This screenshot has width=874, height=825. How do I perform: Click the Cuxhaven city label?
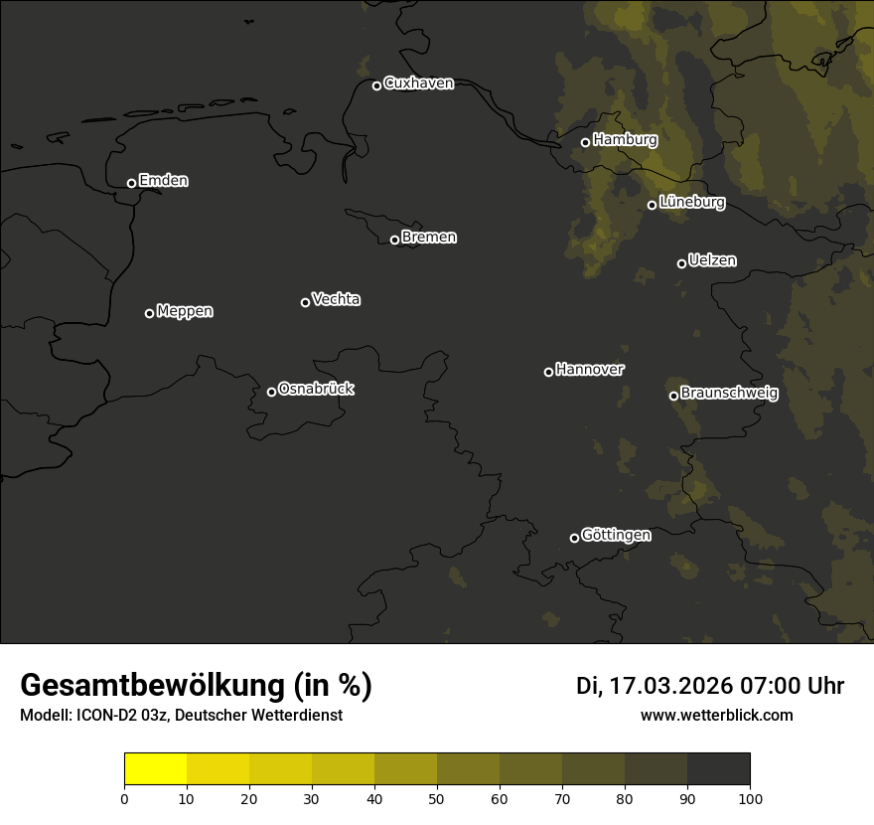tap(418, 83)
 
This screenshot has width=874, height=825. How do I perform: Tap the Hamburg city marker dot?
tap(585, 142)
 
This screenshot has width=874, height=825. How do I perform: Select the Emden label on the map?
tap(163, 181)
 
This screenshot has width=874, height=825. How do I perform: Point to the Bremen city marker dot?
tap(394, 240)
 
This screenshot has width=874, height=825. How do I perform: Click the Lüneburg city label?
tap(691, 203)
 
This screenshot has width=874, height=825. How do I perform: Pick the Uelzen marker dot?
tap(681, 263)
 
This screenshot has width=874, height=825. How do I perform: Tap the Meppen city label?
tap(185, 311)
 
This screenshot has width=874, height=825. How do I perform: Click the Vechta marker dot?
tap(305, 302)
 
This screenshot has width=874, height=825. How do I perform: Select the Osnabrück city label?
tap(316, 389)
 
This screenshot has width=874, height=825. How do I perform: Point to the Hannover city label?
tap(590, 370)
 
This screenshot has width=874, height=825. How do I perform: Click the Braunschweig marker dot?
tap(673, 396)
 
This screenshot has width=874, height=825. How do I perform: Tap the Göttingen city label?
tap(616, 535)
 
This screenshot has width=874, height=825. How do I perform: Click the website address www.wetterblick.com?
tap(716, 715)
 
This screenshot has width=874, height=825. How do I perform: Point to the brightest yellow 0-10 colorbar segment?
tap(155, 769)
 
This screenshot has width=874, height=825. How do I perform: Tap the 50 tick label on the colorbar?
tap(437, 798)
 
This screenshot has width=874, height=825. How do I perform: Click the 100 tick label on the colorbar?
tap(750, 798)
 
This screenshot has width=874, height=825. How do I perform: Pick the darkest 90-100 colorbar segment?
tap(718, 769)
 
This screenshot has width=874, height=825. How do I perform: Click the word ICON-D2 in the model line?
tap(103, 715)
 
